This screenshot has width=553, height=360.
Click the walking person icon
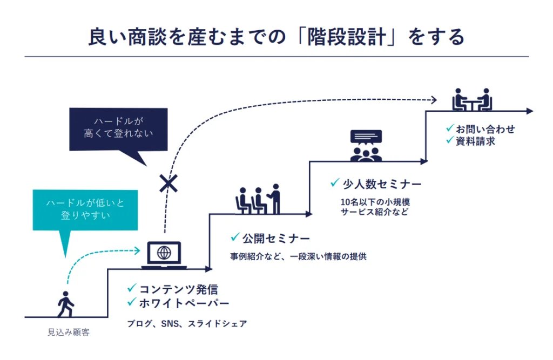click(65, 304)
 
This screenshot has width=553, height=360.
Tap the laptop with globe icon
click(164, 255)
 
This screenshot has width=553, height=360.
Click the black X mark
click(168, 184)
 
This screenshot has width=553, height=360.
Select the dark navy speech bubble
click(118, 130)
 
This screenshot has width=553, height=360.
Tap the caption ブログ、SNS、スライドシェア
click(187, 324)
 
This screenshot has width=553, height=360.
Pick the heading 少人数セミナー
click(382, 184)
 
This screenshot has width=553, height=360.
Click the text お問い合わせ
click(485, 129)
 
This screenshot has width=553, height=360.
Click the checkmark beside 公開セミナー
click(235, 237)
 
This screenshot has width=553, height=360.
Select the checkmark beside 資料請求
click(449, 141)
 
